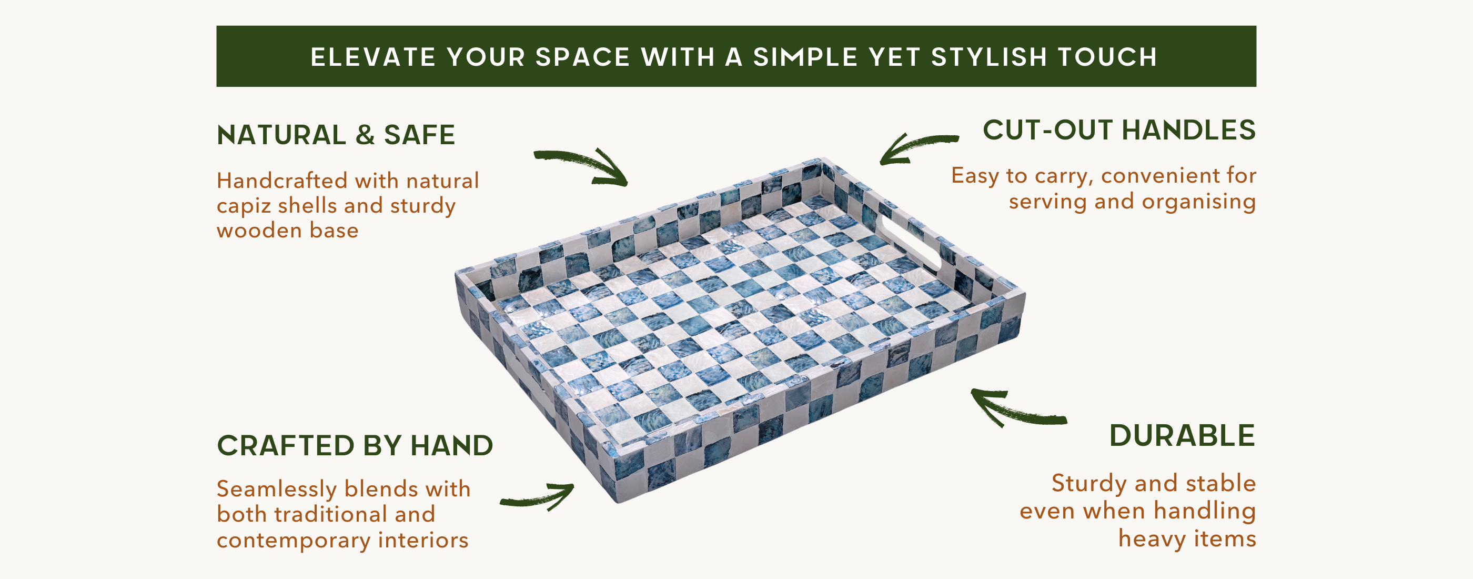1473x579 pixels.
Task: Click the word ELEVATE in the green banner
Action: click(x=374, y=57)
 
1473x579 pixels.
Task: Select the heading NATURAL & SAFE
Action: click(x=336, y=135)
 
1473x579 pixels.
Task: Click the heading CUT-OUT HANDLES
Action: click(x=1119, y=130)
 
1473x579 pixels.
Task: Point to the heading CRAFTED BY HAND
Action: click(x=355, y=445)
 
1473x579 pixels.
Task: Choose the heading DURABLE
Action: click(x=1182, y=435)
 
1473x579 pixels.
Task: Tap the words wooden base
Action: click(x=288, y=231)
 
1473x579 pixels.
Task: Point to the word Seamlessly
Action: click(x=277, y=490)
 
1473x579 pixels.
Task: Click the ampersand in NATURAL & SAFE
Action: click(x=365, y=135)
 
